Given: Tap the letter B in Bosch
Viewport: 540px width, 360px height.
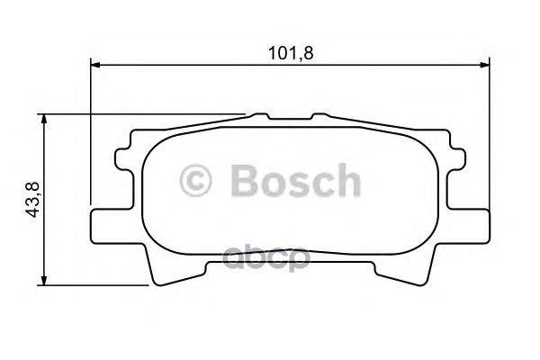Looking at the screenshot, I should point(246,181).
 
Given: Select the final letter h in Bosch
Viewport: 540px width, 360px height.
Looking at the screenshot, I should point(346,181).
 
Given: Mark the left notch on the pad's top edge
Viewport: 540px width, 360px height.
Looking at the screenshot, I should point(259,116).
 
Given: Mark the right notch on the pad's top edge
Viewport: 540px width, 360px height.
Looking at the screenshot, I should point(319,116).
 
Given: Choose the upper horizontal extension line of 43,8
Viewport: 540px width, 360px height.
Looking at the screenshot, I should point(144,114).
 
